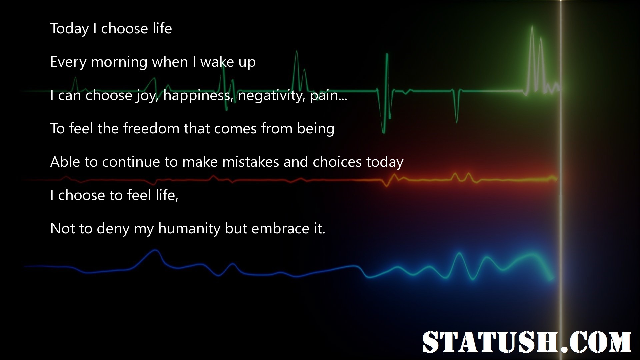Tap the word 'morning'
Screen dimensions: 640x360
coord(119,62)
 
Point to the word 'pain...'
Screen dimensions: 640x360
coord(329,96)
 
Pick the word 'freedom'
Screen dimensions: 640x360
coord(151,128)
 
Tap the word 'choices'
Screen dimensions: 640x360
coord(337,162)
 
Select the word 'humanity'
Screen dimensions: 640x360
coord(189,229)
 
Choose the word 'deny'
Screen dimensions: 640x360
coord(113,229)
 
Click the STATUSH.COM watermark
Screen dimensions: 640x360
coord(527,342)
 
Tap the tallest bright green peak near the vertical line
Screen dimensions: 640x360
coord(532,27)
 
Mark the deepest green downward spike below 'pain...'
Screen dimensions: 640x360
coord(383,132)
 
